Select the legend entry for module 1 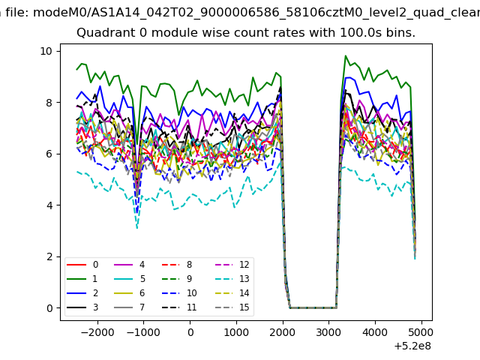[82, 279]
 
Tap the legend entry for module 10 [179, 293]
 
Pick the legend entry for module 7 [130, 307]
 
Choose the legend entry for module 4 [130, 265]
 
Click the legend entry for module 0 [82, 265]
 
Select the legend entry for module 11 [179, 307]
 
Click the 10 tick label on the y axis [46, 51]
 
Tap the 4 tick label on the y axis [49, 205]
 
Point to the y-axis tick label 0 [49, 308]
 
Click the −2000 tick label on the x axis [97, 332]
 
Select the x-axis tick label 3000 [328, 332]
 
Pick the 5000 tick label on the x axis [421, 332]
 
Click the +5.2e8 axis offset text [412, 346]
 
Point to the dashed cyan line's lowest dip [136, 228]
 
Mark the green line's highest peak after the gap [346, 55]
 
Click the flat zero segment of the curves [313, 308]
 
